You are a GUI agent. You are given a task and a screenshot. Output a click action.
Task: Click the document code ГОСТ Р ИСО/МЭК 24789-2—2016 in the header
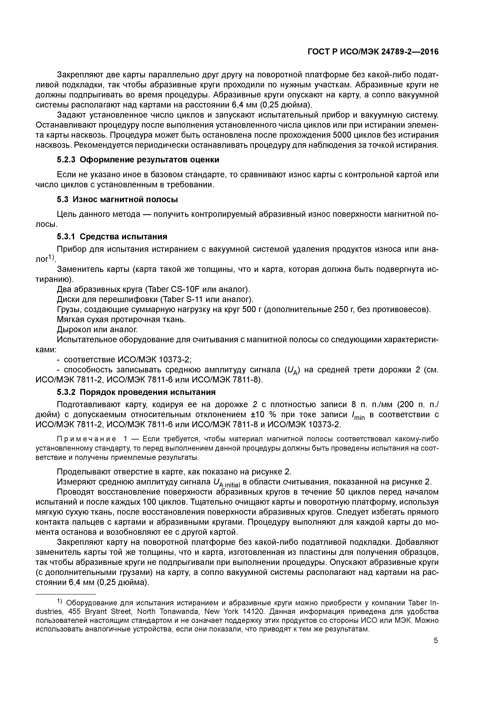click(x=373, y=52)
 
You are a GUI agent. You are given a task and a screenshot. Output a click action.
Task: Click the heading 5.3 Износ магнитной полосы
click(x=117, y=200)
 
